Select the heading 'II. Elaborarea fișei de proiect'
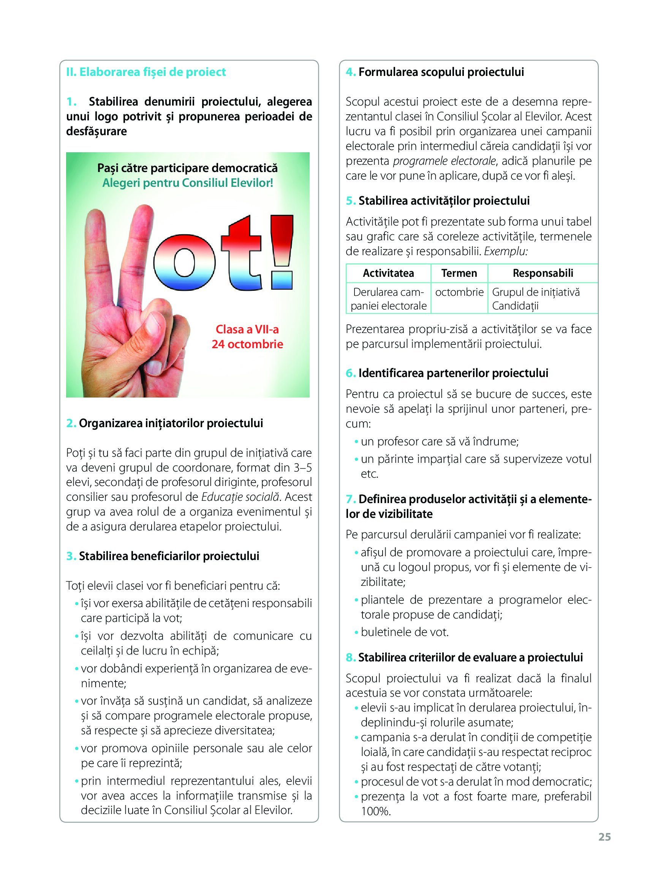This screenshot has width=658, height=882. pos(146,72)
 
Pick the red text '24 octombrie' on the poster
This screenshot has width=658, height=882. pos(247,344)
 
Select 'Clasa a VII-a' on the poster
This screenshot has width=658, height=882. pos(247,329)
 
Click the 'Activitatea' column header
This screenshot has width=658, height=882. pos(388,273)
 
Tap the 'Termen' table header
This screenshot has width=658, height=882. pos(459,273)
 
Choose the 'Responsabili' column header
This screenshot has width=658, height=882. pos(543,273)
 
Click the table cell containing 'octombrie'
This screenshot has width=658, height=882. pos(459,292)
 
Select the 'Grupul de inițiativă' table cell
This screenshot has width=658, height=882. pos(536,292)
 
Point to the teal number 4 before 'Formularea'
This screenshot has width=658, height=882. pos(350,72)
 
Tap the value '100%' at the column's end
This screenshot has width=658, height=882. pos(376,811)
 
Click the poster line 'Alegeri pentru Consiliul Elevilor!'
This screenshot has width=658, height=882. pos(188,183)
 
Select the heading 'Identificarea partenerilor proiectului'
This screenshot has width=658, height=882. pos(453,373)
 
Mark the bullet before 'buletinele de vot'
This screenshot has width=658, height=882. pos(356,633)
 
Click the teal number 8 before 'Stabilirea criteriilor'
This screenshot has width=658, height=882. pos(350,658)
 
